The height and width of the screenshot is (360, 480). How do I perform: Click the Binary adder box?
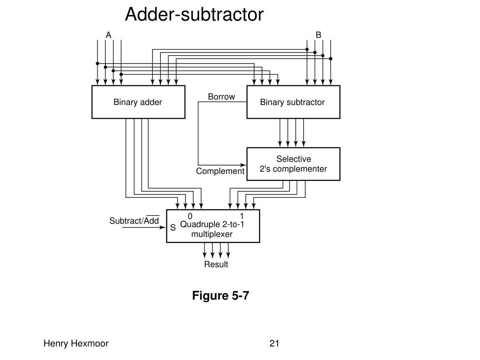coord(138,102)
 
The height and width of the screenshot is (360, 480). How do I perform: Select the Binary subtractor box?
coord(293,102)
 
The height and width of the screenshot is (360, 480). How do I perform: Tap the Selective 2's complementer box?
coord(293,164)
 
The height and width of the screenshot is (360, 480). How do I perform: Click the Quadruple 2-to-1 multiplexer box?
coord(213,226)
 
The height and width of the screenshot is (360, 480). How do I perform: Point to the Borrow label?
coord(221,97)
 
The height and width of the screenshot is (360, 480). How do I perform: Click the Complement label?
coord(220,171)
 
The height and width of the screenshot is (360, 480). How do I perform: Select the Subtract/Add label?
coord(135,220)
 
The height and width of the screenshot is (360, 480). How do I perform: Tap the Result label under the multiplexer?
coord(216,264)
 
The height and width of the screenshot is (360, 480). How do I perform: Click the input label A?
coord(108,35)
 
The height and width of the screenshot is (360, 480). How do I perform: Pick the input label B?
coord(318,35)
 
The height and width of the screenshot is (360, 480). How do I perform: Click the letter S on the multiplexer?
coord(173,228)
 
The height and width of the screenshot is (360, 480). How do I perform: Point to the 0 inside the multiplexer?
coord(190,216)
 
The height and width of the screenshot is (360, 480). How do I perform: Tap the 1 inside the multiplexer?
coord(241,216)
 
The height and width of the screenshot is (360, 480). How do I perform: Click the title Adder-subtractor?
coord(194,15)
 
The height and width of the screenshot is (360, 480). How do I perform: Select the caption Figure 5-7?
coord(220,296)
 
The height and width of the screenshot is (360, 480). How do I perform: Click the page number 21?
coord(274,344)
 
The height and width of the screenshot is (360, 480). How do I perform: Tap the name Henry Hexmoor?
coord(76,344)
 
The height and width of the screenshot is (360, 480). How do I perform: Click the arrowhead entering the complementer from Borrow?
coord(243,165)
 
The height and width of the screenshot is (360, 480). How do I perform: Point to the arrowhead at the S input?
coord(163,227)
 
